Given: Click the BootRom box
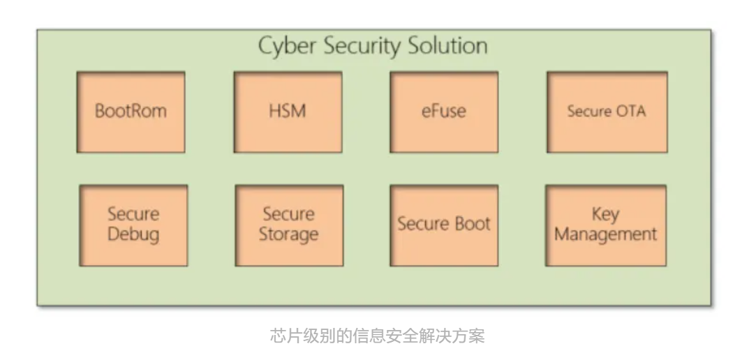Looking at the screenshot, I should [131, 112].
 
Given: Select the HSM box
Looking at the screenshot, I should [287, 112].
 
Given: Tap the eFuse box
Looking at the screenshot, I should [443, 112].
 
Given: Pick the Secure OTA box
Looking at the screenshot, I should [606, 112].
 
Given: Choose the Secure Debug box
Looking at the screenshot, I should [133, 225].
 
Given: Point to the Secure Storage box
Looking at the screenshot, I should [288, 225].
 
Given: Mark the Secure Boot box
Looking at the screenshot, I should [443, 225].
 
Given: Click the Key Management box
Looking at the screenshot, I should [605, 225].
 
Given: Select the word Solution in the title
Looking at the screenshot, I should [449, 46].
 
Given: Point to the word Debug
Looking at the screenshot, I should [133, 234].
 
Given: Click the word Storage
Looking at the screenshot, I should [288, 234].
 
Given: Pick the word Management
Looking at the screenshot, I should [605, 234].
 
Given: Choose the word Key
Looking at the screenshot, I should [605, 215].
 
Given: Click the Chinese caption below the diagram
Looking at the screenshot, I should [377, 336].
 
